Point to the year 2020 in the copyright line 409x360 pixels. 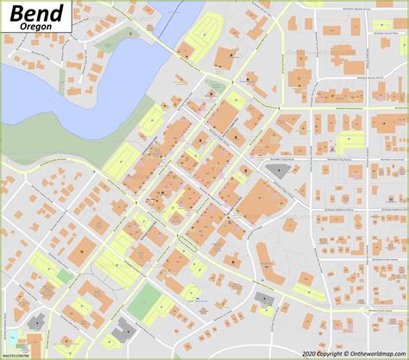[x=309, y=353]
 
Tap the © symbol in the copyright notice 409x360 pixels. [x=322, y=353]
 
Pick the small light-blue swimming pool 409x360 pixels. [x=13, y=336]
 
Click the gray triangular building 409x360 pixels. [x=278, y=171]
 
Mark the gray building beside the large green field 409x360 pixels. [x=124, y=328]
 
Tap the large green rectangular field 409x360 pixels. [x=145, y=302]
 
